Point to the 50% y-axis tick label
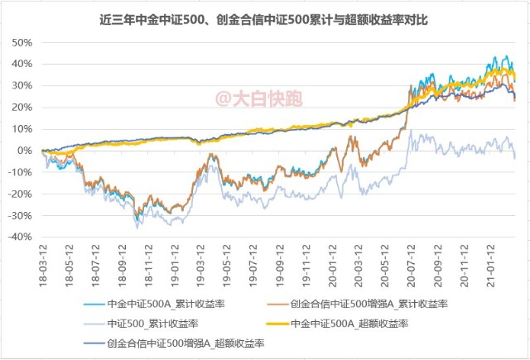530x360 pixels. tap(22, 42)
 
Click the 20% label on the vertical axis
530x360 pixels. tap(22, 108)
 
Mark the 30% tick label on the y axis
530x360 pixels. tap(22, 85)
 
